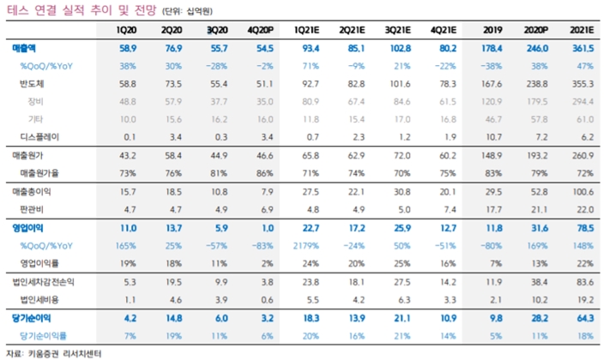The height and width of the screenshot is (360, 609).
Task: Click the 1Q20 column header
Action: [126, 30]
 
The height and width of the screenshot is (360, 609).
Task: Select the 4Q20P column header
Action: [260, 30]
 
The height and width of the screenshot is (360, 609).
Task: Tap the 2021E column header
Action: [582, 30]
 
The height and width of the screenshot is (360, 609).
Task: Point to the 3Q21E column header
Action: [398, 30]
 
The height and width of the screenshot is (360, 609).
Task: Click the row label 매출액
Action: [24, 48]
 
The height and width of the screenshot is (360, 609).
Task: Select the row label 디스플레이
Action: [39, 137]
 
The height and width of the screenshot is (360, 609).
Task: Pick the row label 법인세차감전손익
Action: [43, 282]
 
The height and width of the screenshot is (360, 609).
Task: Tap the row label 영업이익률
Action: [39, 263]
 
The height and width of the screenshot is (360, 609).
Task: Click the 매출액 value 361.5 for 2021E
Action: [583, 48]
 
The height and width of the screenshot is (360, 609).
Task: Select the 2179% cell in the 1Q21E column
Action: [306, 245]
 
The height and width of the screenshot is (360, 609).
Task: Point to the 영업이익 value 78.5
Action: [585, 228]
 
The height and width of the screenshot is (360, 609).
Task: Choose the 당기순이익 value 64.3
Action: [585, 318]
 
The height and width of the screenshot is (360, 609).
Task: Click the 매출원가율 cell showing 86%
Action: [264, 173]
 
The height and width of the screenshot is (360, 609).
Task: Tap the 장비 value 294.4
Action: [583, 101]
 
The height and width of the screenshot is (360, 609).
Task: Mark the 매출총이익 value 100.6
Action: [583, 192]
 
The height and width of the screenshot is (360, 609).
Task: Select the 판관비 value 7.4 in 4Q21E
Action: [449, 209]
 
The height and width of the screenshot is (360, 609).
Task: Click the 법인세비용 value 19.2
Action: [585, 300]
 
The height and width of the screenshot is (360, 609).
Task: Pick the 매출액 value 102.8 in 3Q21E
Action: [400, 48]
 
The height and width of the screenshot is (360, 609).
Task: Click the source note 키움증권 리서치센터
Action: [65, 354]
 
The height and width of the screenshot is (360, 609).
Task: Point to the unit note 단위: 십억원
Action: [187, 11]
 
